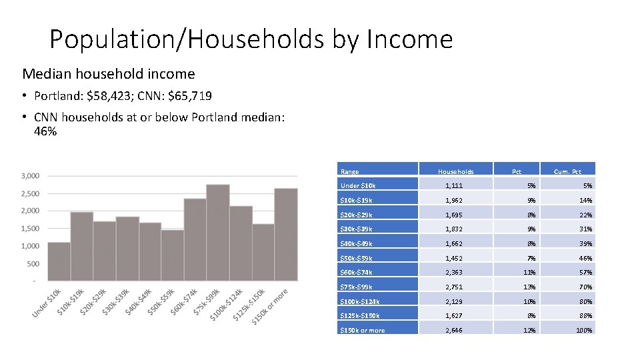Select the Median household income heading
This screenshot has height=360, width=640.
109,73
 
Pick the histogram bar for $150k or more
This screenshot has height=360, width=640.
286,234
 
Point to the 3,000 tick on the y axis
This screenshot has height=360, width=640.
30,176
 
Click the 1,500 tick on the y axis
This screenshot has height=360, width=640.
30,229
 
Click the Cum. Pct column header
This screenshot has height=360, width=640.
567,171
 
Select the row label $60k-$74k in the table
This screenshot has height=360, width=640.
357,272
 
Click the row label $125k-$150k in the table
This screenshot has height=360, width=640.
359,315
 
